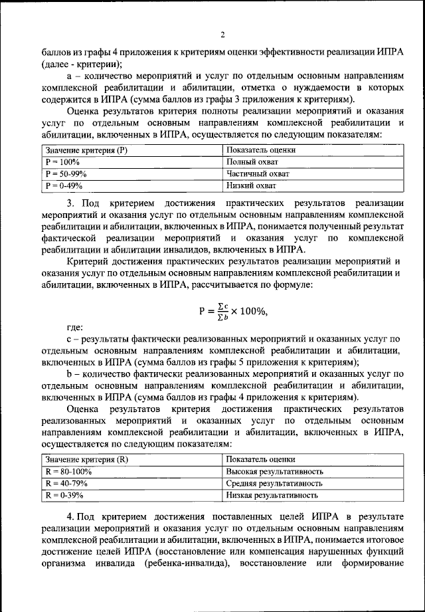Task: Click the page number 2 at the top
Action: coord(223,35)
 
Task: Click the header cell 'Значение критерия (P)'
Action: coord(86,150)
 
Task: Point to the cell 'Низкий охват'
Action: coord(249,186)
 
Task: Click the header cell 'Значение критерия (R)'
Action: coord(86,460)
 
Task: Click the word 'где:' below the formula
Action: coord(75,328)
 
